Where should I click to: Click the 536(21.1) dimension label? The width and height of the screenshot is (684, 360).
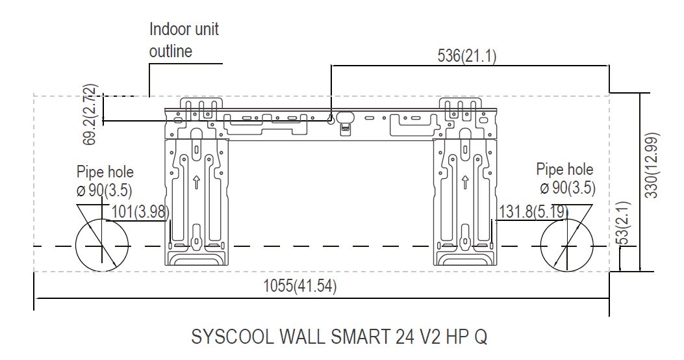467,56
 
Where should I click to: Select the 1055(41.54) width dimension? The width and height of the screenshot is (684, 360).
299,287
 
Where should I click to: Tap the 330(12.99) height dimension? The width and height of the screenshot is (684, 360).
652,165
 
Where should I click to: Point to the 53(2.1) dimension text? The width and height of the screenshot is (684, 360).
625,222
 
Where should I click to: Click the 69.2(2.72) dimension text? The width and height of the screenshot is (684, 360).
90,114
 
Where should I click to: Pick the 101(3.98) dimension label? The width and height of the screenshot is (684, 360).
140,212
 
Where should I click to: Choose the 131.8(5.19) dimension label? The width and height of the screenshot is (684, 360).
533,212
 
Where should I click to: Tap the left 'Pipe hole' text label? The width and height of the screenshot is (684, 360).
105,172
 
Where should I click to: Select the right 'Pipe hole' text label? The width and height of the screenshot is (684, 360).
565,170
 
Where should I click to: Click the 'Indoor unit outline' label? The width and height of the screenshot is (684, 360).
184,40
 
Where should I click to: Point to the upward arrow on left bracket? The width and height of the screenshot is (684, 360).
196,182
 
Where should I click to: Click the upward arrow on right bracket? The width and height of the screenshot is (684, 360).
465,182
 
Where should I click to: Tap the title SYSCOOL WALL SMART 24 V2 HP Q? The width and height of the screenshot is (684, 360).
339,337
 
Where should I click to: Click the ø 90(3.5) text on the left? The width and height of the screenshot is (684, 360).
104,190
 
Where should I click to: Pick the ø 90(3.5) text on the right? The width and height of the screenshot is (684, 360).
568,188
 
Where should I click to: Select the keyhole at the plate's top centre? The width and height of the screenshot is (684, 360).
331,119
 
